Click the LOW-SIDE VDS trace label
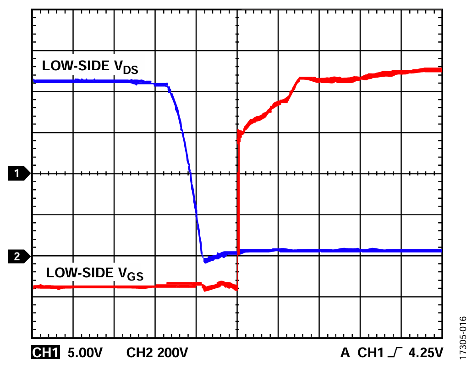pos(90,67)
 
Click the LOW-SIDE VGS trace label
pos(94,274)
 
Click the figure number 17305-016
pos(463,337)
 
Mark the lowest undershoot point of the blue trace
pos(205,261)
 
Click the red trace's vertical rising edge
pos(238,207)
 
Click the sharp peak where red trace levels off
pos(299,78)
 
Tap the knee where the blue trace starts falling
pos(168,85)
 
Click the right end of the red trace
pos(440,70)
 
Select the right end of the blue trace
pos(440,251)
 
